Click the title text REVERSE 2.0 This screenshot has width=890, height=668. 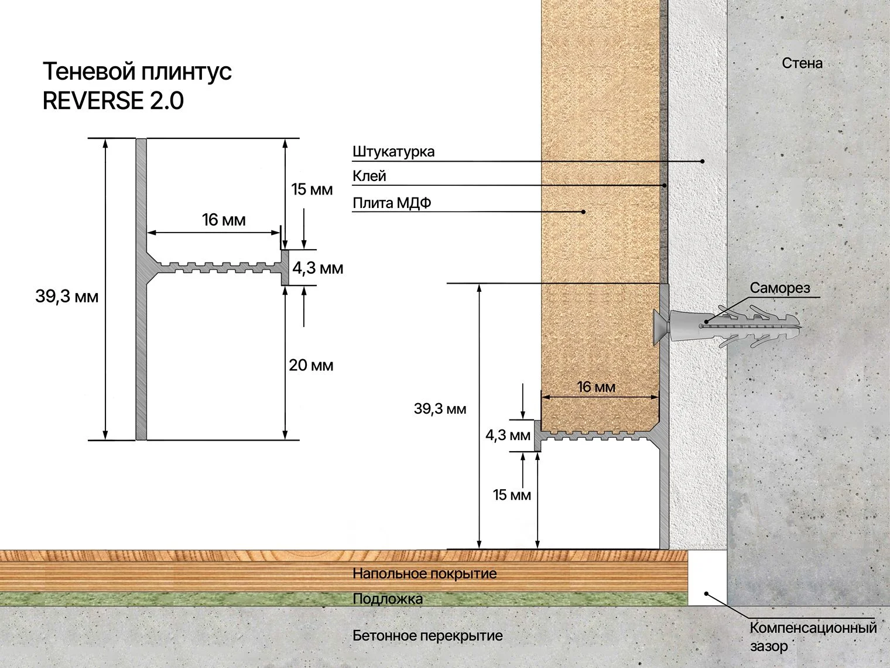(x=113, y=101)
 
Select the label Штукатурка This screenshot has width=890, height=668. (x=393, y=152)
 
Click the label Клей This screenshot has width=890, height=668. (x=369, y=176)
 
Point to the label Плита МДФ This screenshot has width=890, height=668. (x=392, y=202)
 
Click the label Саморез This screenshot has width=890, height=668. (x=780, y=288)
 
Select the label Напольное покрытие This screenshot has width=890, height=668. (x=425, y=574)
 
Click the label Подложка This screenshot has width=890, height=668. (x=388, y=599)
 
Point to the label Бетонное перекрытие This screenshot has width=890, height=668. (x=427, y=636)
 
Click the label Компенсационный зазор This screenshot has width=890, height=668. (x=813, y=636)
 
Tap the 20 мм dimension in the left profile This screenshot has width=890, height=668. (x=311, y=366)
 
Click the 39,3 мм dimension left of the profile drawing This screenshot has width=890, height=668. (x=67, y=296)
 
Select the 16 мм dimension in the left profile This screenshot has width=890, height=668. (x=224, y=220)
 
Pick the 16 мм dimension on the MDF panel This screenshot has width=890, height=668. (x=596, y=387)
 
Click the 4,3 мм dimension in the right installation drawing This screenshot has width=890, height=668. (x=508, y=435)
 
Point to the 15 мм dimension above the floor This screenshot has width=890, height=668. (x=512, y=495)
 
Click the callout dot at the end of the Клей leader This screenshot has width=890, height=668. (x=665, y=185)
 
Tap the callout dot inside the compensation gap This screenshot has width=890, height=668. (x=706, y=594)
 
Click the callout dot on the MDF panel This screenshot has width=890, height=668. (x=583, y=212)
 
